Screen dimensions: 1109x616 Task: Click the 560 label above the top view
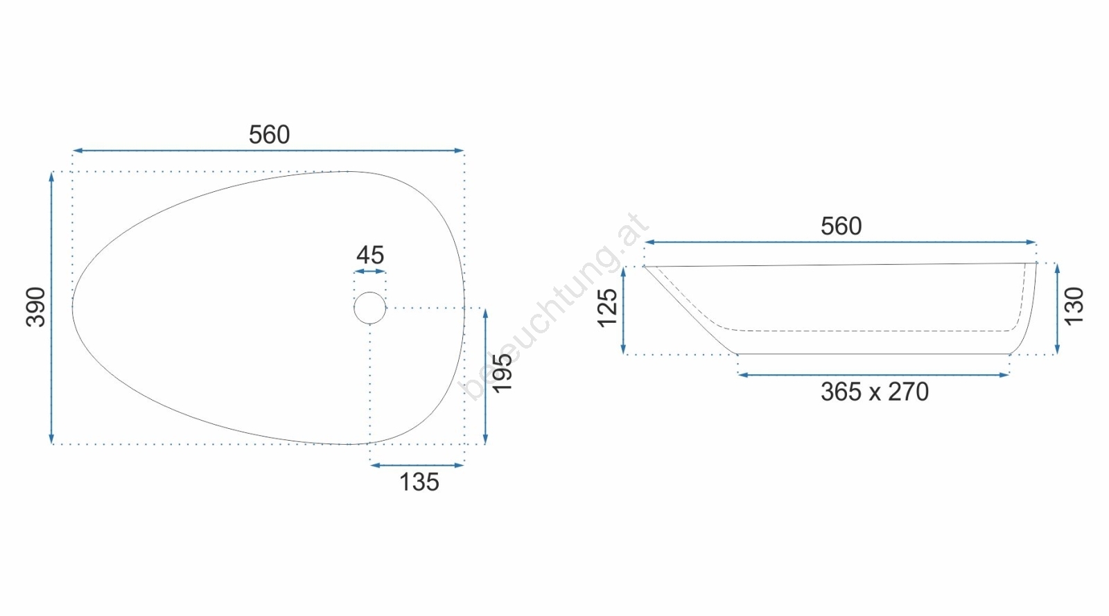tap(269, 134)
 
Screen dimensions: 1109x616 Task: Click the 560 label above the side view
tap(841, 226)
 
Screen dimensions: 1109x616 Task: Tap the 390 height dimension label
tap(35, 307)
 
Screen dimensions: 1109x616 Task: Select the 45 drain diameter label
tap(370, 255)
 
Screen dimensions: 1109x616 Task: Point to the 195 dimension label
tap(502, 373)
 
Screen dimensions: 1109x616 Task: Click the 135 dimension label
tap(419, 482)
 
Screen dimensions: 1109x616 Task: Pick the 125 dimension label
tap(607, 308)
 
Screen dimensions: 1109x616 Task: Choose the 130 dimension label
tap(1074, 306)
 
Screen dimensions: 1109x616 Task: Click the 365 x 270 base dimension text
tap(874, 392)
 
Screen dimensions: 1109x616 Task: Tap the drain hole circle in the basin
tap(370, 292)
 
